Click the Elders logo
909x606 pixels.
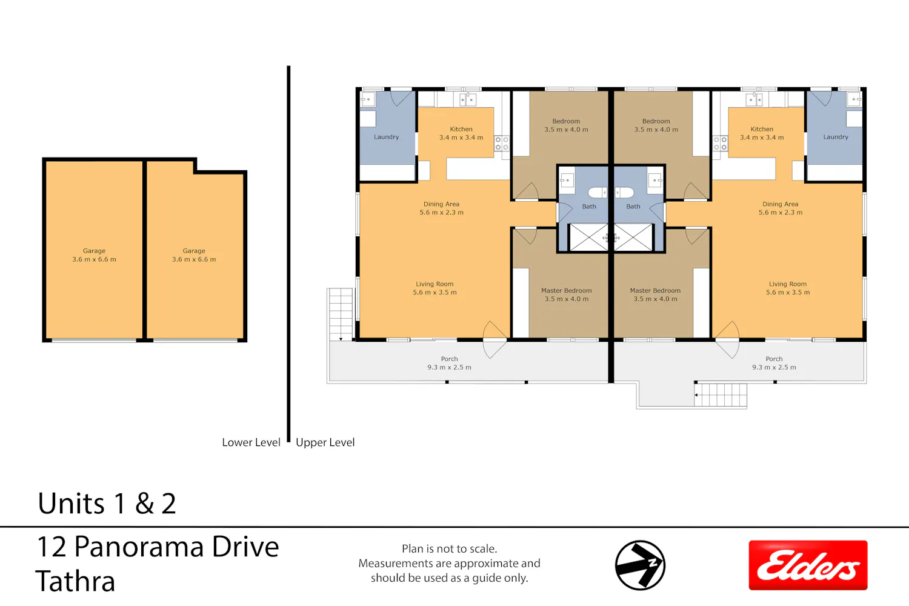pyautogui.click(x=808, y=565)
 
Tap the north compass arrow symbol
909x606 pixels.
pyautogui.click(x=640, y=565)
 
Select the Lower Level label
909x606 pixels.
pyautogui.click(x=251, y=442)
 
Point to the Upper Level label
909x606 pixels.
pyautogui.click(x=325, y=442)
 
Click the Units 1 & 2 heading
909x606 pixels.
pyautogui.click(x=107, y=504)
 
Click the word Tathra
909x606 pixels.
pyautogui.click(x=76, y=581)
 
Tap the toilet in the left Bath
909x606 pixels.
pyautogui.click(x=597, y=192)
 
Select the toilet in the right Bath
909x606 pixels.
pyautogui.click(x=625, y=192)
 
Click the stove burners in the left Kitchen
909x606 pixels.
pyautogui.click(x=502, y=144)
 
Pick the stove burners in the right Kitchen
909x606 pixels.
pyautogui.click(x=721, y=144)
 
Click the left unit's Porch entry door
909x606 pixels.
pyautogui.click(x=494, y=340)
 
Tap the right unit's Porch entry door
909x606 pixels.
pyautogui.click(x=727, y=340)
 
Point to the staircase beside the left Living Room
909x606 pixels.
pyautogui.click(x=341, y=315)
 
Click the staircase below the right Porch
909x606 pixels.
pyautogui.click(x=721, y=395)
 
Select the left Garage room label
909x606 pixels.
pyautogui.click(x=94, y=255)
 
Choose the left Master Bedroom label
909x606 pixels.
pyautogui.click(x=567, y=295)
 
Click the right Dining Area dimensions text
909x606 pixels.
pyautogui.click(x=781, y=212)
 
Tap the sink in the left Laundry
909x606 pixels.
pyautogui.click(x=368, y=99)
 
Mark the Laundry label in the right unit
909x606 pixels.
pyautogui.click(x=836, y=137)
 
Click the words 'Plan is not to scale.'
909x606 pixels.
pyautogui.click(x=449, y=549)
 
